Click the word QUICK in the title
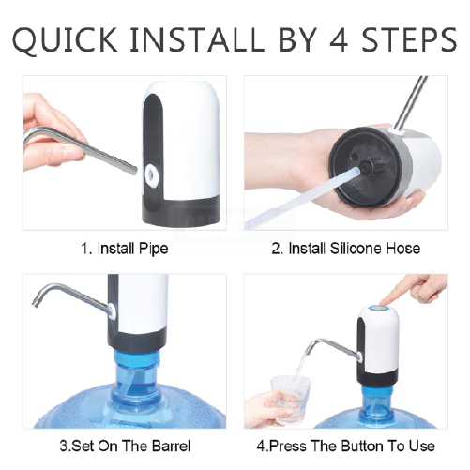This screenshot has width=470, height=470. pos(65,40)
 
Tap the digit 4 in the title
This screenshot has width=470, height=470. pos(339,39)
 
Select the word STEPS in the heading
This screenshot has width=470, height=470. pos(409,39)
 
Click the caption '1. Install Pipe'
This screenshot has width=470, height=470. pos(125,249)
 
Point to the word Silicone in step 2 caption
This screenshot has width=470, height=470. pos(356,249)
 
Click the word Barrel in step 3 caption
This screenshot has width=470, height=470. pos(171,446)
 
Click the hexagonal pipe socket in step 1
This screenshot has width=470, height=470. pos(151,174)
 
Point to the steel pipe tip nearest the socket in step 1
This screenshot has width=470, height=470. pos(134,171)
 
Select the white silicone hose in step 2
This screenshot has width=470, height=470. pos(300,198)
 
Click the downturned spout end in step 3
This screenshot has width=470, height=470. pos(36,302)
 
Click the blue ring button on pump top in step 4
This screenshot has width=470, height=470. pos(378,308)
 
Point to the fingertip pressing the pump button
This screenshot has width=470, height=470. pos(383,301)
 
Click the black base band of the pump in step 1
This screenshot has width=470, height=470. pos(180,211)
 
